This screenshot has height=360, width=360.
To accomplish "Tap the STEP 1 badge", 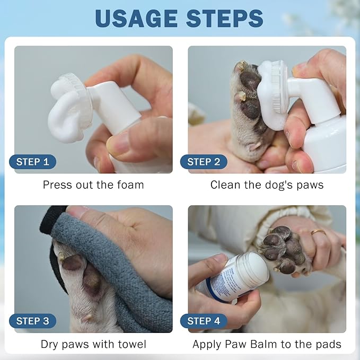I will pyautogui.click(x=32, y=162).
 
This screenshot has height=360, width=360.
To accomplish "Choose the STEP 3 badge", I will pyautogui.click(x=32, y=321).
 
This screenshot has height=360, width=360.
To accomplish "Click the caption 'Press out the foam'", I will pyautogui.click(x=93, y=185).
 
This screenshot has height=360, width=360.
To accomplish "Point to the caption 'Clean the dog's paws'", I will pyautogui.click(x=267, y=185).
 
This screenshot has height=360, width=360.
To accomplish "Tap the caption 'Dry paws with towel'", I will pyautogui.click(x=93, y=344).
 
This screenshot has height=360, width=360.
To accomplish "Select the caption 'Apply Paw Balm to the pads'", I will pyautogui.click(x=267, y=344).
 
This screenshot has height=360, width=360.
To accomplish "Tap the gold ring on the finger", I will pyautogui.click(x=319, y=232).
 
